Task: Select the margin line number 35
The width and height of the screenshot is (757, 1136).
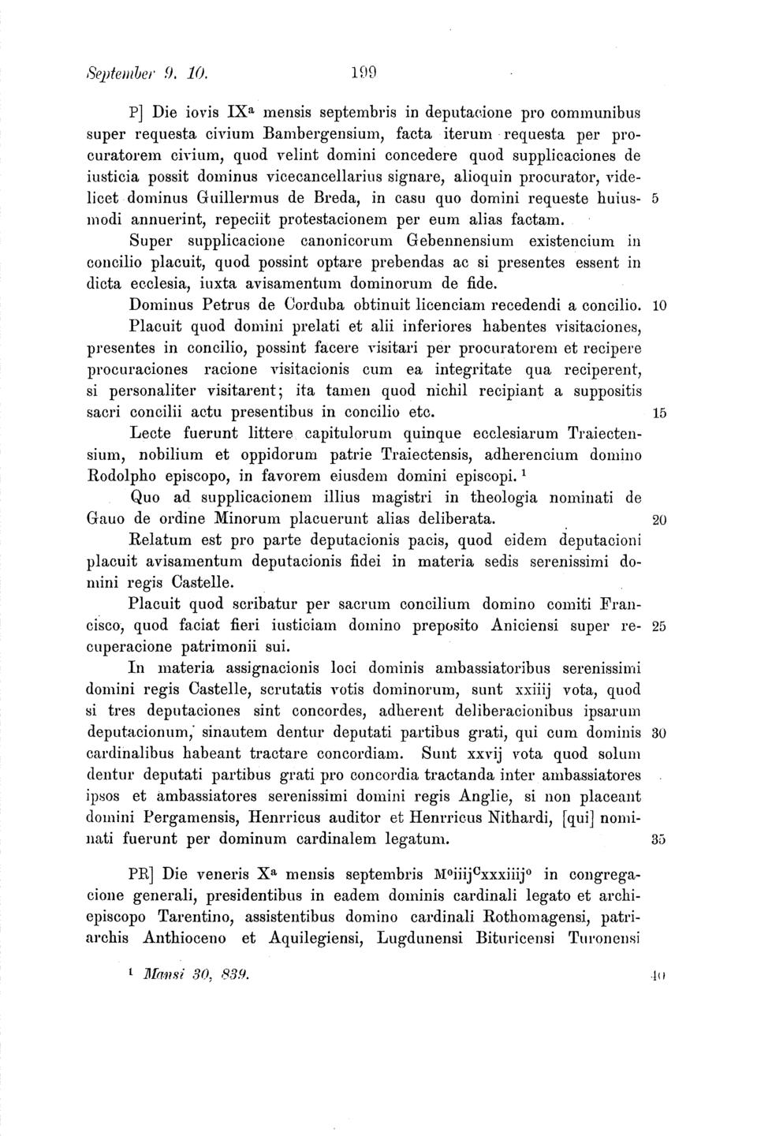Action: coord(661,840)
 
